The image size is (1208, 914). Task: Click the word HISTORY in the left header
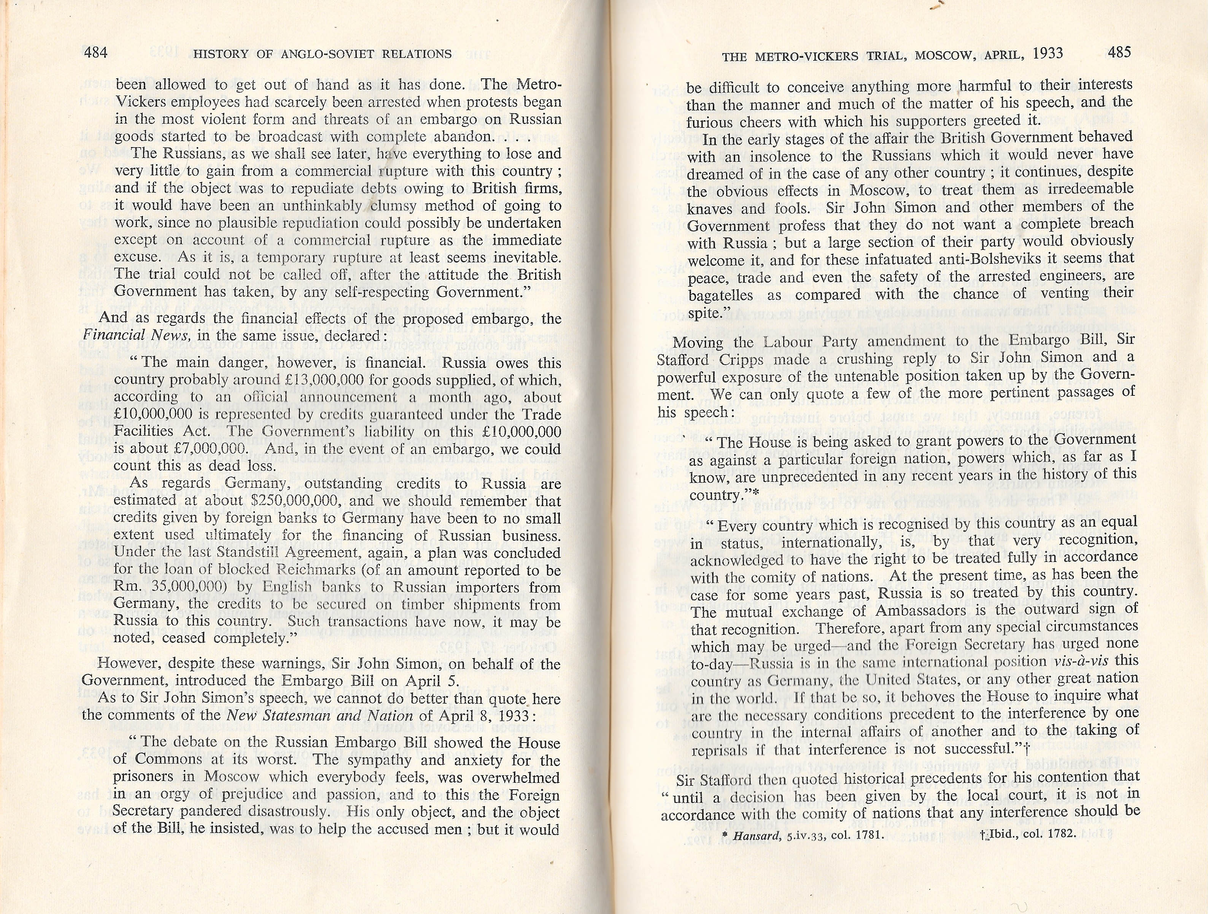coord(221,54)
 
